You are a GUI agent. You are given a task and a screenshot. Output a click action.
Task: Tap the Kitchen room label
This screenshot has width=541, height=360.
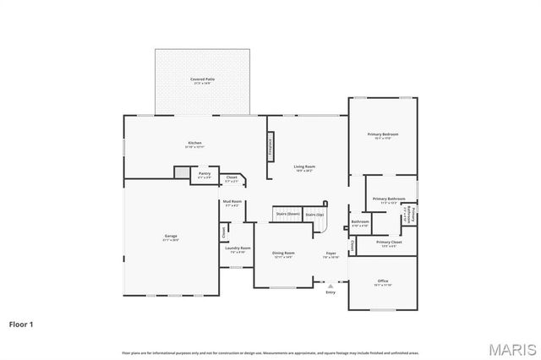pos(194,144)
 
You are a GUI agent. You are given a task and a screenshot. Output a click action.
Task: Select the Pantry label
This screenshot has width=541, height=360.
pos(205,174)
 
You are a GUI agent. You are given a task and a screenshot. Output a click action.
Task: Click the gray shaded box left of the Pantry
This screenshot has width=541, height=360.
pos(181,172)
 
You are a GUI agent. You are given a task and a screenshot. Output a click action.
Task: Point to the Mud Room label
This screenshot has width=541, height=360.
pos(232,202)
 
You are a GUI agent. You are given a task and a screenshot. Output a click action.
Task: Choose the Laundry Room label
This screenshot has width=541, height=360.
pos(238,249)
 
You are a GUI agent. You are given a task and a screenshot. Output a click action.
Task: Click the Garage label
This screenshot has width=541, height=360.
pos(170,237)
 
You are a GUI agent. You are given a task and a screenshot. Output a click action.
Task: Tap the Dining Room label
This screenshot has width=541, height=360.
pos(283,254)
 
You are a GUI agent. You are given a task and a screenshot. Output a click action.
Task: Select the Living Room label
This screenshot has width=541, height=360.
pos(304,167)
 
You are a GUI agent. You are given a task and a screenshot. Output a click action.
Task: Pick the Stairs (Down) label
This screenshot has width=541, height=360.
pos(288,215)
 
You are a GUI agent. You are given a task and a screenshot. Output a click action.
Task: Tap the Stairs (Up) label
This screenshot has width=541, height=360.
pos(314,215)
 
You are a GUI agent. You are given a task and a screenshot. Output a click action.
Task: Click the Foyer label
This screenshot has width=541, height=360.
pos(331,254)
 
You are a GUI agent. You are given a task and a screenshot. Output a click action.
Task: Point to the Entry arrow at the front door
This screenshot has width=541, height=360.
pos(330,286)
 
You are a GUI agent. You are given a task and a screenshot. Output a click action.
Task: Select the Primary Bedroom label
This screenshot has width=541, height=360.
pos(382,135)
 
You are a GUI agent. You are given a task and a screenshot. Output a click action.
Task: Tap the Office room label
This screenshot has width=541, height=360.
pos(383,281)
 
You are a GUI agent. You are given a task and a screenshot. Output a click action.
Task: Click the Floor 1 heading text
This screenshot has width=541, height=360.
pos(21,324)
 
